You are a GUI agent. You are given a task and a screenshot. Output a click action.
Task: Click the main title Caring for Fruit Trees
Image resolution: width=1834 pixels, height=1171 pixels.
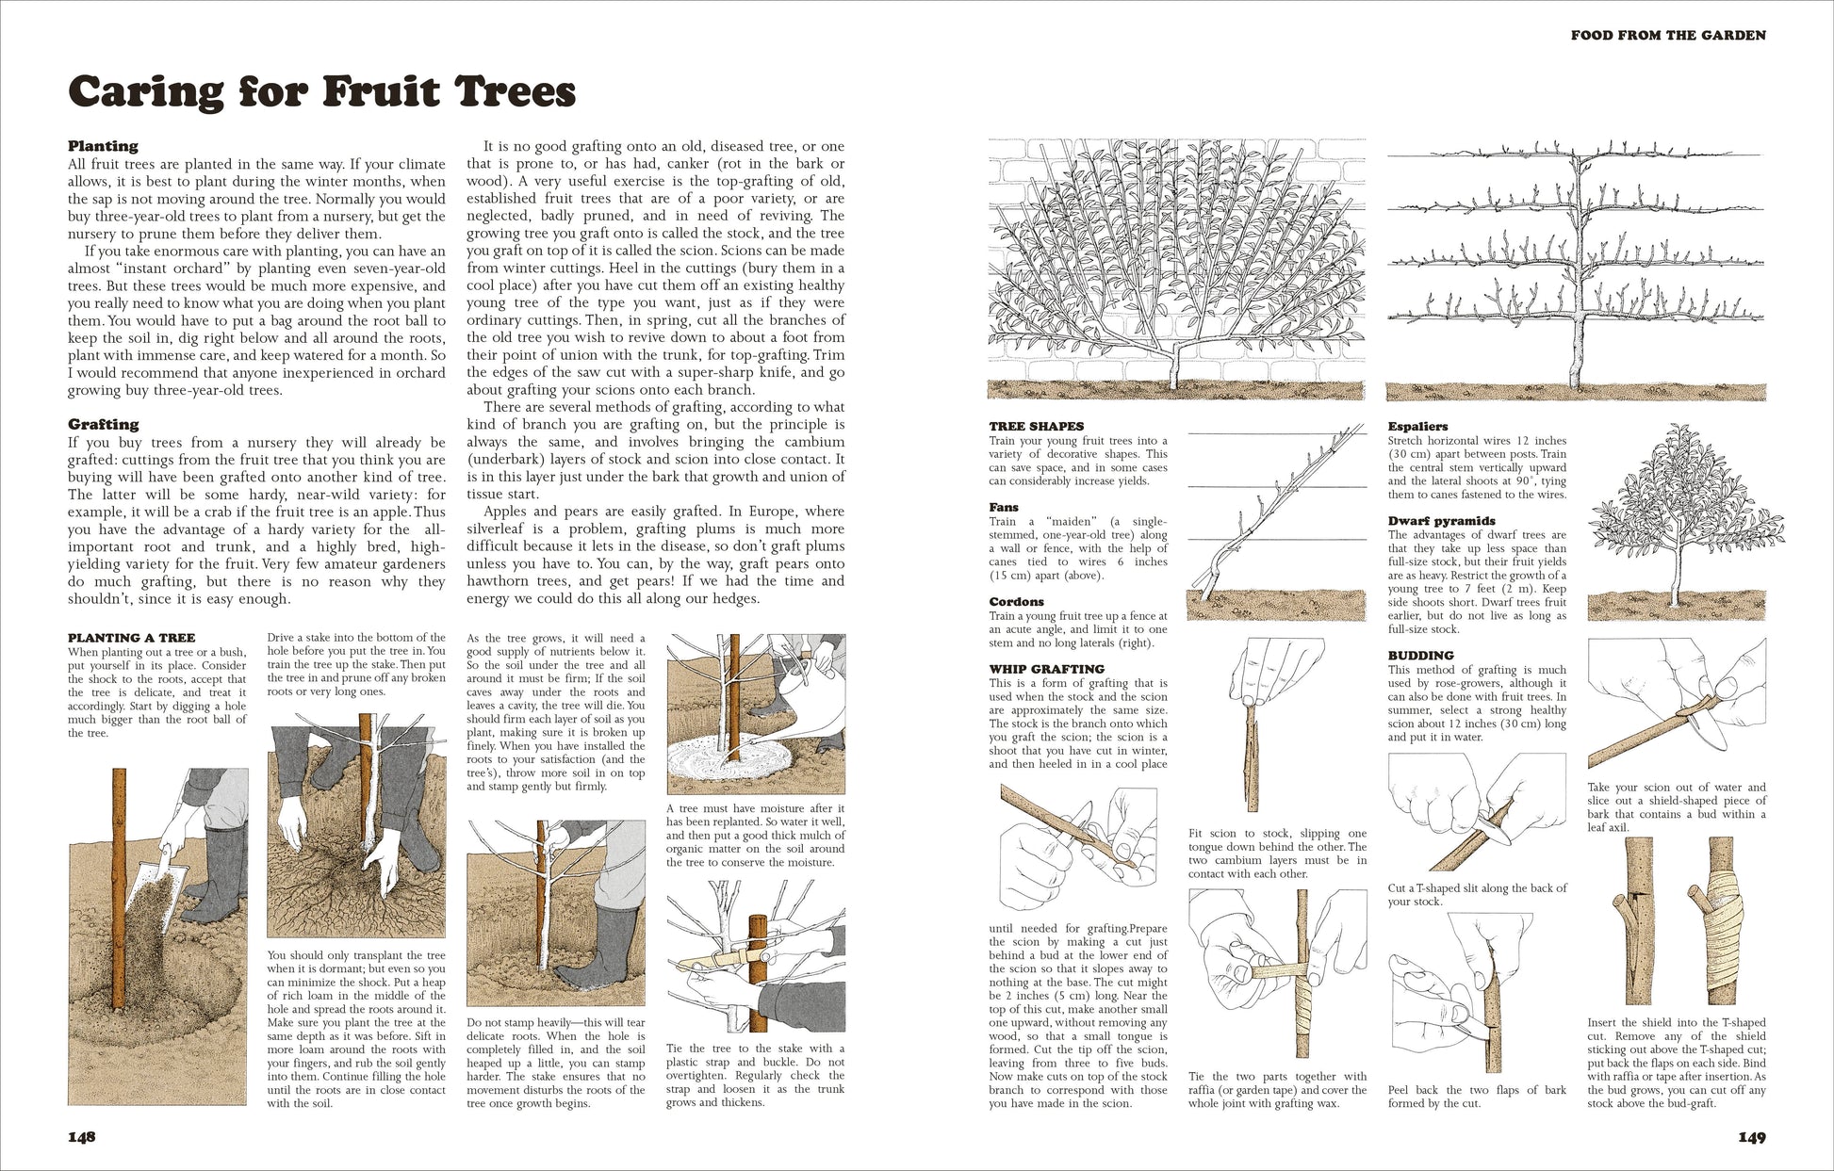[321, 92]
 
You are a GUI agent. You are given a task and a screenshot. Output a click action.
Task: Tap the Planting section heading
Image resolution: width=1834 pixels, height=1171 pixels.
[103, 146]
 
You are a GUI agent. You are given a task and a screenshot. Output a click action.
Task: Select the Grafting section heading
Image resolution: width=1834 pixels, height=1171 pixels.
[103, 424]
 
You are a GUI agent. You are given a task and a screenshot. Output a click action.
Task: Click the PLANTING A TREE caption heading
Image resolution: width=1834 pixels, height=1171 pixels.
[131, 638]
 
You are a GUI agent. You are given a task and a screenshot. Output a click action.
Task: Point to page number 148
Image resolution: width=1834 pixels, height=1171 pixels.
[82, 1137]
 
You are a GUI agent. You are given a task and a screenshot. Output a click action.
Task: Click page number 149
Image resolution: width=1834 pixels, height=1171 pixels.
[1751, 1137]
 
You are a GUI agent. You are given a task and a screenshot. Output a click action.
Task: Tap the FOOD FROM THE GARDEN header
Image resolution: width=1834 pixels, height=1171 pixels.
[1667, 36]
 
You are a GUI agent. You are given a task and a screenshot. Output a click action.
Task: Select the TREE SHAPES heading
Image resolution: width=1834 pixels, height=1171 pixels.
[1036, 427]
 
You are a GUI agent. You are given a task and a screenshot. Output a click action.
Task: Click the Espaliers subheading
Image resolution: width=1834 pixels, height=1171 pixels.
[1417, 427]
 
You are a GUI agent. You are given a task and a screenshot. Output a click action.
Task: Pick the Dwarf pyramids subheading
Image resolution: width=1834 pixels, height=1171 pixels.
[1441, 521]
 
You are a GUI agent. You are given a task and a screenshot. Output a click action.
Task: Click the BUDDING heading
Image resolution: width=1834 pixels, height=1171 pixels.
[1420, 656]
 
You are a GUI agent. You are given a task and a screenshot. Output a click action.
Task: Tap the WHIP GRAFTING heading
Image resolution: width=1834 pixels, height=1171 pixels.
[1046, 670]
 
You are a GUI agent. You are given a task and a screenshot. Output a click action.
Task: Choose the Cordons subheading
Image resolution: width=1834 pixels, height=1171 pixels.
[1016, 602]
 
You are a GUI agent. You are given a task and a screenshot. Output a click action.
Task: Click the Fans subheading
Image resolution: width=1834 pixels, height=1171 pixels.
[1004, 508]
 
